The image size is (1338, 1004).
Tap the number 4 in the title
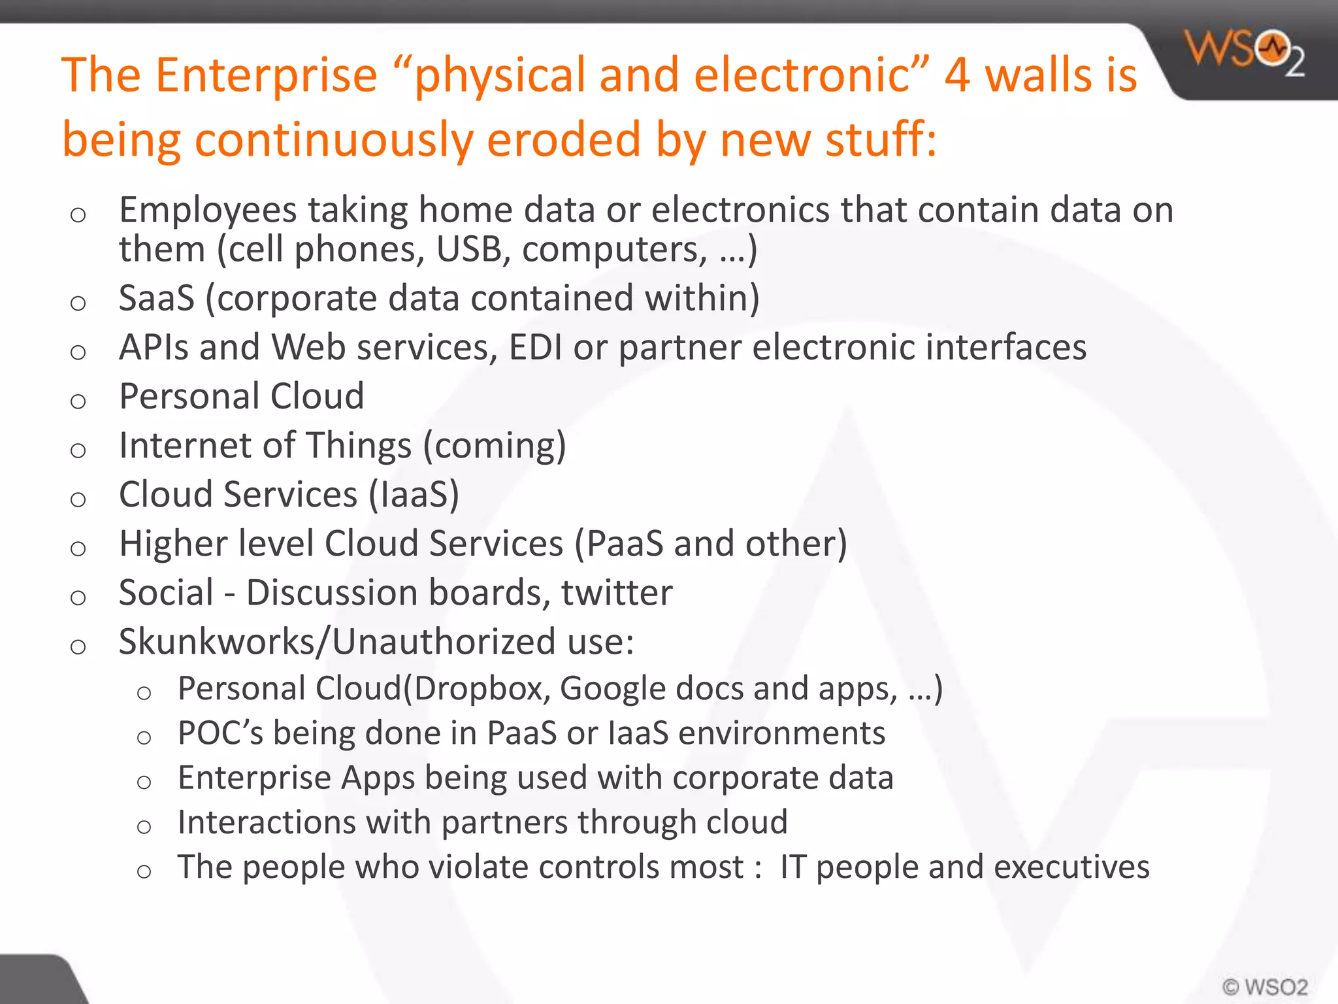(957, 75)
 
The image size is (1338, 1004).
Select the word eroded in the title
(564, 140)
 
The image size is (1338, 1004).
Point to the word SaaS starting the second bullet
(157, 298)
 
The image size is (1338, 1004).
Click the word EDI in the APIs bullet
(535, 347)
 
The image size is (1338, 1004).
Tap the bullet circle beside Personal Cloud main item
(78, 401)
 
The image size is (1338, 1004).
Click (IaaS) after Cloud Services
(414, 495)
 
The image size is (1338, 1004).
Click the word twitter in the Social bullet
(617, 593)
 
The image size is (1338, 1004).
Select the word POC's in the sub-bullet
(220, 733)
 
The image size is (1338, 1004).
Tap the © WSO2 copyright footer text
(1265, 986)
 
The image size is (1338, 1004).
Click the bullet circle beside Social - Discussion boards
(78, 597)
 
